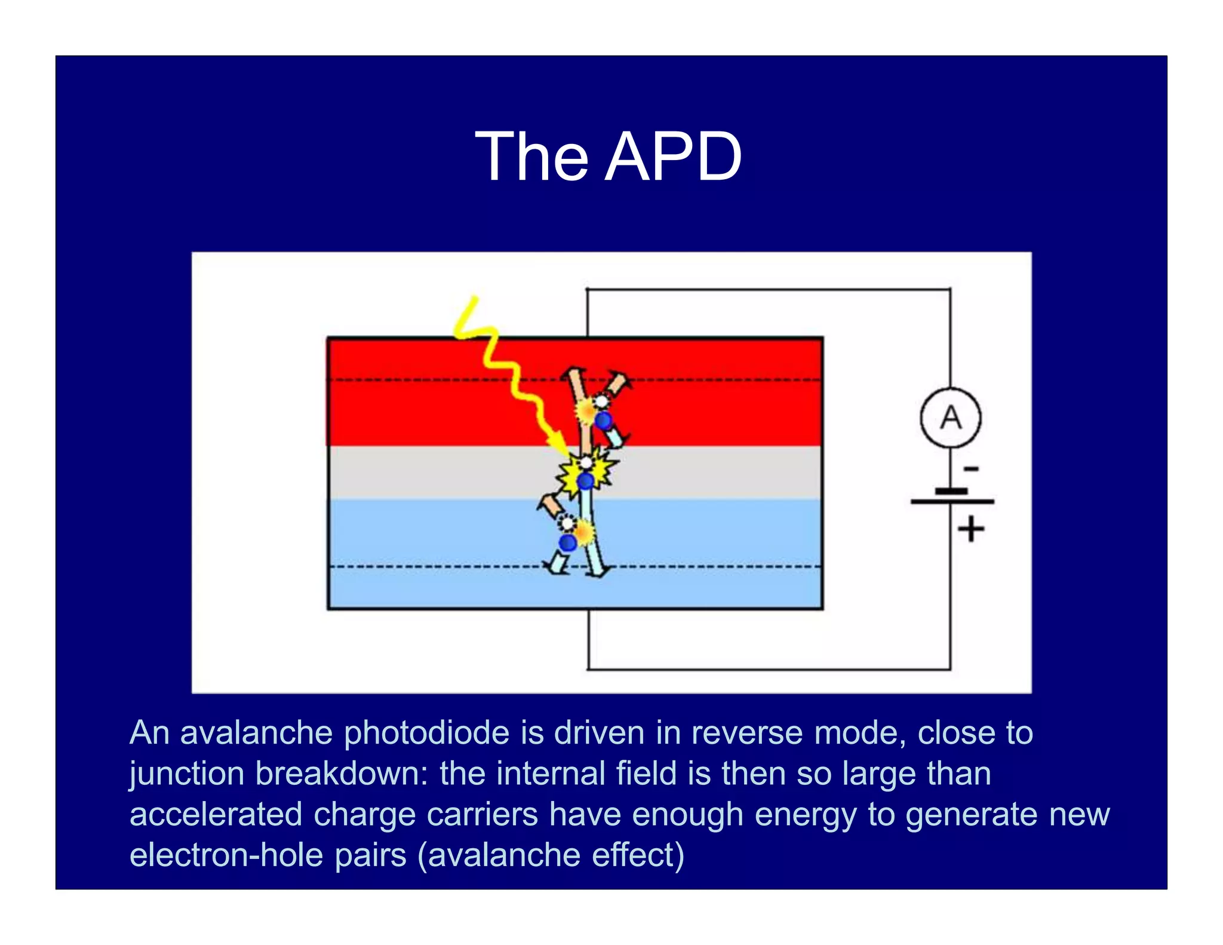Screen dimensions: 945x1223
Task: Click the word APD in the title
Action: pos(674,157)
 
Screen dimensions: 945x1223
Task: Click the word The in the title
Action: pos(531,157)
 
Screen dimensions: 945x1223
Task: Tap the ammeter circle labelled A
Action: pos(950,418)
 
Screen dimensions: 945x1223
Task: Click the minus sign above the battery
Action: pos(972,469)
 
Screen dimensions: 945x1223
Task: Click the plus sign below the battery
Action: pos(971,529)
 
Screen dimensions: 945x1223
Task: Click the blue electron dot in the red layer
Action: pos(604,421)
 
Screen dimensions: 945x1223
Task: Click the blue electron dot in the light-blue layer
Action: pos(567,542)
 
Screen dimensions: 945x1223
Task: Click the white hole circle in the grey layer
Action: pos(586,462)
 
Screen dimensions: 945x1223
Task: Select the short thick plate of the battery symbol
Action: pos(951,491)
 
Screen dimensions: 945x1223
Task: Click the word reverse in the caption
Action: pos(746,733)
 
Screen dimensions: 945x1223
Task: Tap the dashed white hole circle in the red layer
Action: pos(601,401)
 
